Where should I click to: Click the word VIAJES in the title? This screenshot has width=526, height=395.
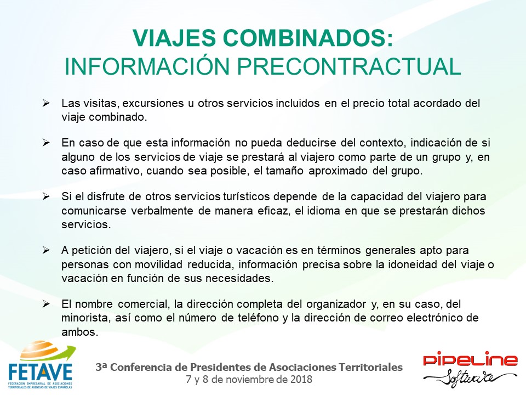[174, 38]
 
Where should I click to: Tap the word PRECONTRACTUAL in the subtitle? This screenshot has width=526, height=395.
[349, 66]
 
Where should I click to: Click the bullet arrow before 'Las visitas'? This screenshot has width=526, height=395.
[46, 103]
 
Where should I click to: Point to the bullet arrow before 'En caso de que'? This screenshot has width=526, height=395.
[46, 143]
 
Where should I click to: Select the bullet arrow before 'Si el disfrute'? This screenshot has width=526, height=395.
[46, 196]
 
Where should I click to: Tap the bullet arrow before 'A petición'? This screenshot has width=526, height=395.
[46, 250]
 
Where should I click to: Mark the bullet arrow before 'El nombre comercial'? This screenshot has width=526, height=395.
[46, 304]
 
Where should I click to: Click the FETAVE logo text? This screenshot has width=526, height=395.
[40, 371]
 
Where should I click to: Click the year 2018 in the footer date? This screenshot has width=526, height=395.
[301, 379]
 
